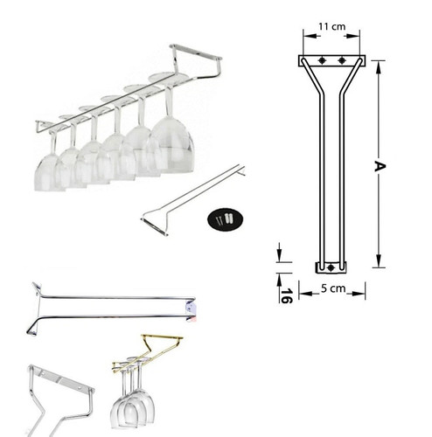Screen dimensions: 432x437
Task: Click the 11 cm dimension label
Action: pyautogui.click(x=331, y=26)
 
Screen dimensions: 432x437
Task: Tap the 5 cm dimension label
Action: pyautogui.click(x=333, y=288)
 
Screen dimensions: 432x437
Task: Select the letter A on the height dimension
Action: pyautogui.click(x=380, y=166)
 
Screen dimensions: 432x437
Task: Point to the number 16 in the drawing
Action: pyautogui.click(x=286, y=295)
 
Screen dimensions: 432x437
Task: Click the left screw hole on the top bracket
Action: pyautogui.click(x=322, y=60)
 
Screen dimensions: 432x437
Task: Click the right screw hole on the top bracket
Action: pyautogui.click(x=342, y=60)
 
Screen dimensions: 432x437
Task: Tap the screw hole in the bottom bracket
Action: pyautogui.click(x=331, y=267)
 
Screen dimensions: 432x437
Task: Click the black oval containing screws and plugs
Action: pyautogui.click(x=225, y=219)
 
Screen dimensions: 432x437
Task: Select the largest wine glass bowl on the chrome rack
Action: pyautogui.click(x=172, y=145)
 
